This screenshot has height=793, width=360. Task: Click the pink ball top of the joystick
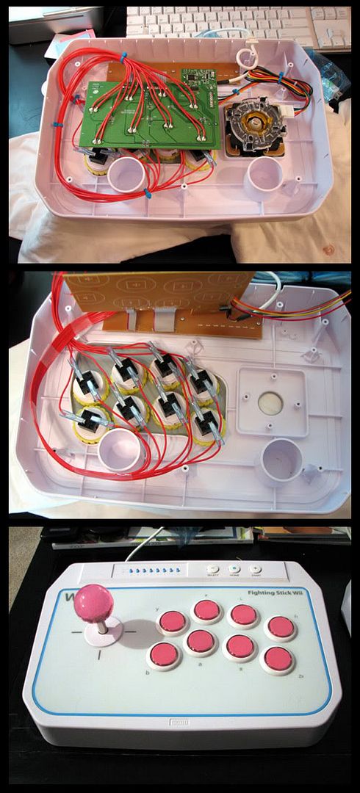click(x=95, y=602)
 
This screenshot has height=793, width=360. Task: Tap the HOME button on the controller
click(x=234, y=569)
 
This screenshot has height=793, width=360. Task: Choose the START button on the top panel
click(x=254, y=569)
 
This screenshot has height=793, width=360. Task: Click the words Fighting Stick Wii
click(x=295, y=582)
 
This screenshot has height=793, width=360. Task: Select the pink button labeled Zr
click(x=278, y=659)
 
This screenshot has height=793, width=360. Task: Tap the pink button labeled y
click(x=173, y=622)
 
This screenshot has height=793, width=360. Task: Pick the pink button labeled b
click(x=165, y=655)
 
